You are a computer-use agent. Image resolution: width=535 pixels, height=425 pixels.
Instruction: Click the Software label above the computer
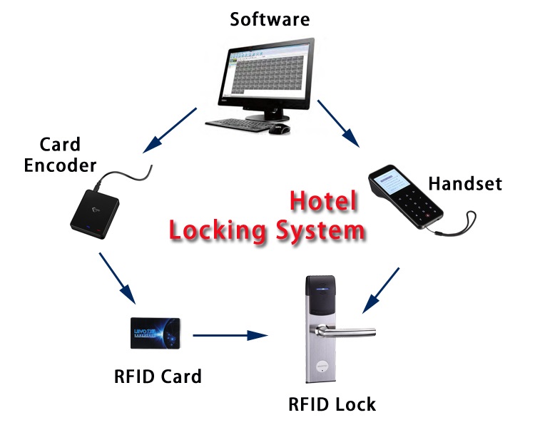click(x=270, y=19)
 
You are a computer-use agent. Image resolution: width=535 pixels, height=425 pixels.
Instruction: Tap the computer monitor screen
click(x=267, y=73)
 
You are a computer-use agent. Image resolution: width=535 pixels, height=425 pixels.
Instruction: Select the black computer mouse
click(x=279, y=129)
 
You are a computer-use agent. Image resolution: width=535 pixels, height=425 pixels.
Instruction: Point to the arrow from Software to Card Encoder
click(x=170, y=130)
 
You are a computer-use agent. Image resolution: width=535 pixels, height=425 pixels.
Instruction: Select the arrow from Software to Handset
click(x=338, y=123)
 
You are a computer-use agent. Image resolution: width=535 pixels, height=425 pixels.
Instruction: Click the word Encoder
click(x=60, y=165)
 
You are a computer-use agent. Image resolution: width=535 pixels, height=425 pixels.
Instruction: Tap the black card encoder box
click(x=95, y=214)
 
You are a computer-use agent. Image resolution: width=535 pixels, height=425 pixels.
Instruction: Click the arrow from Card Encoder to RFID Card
click(x=117, y=278)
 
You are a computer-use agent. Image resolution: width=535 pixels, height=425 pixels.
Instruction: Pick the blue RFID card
click(x=156, y=333)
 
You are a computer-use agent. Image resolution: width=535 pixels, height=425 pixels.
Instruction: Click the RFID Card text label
click(x=158, y=377)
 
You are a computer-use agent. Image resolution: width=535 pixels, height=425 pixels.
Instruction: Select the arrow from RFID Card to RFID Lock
click(x=230, y=335)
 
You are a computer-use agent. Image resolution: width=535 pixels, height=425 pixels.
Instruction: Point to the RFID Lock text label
click(x=332, y=404)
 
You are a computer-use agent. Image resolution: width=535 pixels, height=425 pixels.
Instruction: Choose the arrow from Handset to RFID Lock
click(x=380, y=290)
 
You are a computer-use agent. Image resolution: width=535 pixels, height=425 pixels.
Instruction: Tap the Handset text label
click(x=465, y=183)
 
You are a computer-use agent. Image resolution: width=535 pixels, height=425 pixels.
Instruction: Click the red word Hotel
click(x=323, y=200)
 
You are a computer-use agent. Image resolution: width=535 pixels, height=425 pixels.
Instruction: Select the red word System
click(x=320, y=230)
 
